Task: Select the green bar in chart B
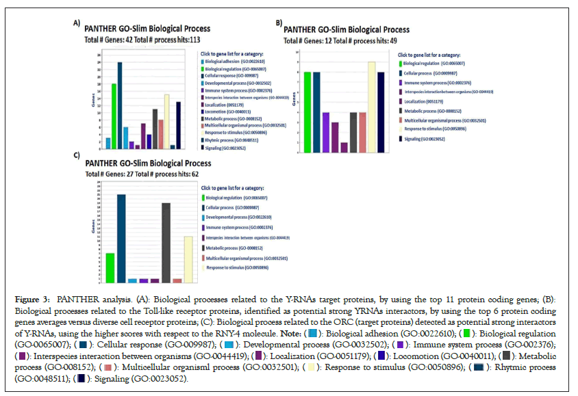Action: (x=307, y=112)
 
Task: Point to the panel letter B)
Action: (x=279, y=23)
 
